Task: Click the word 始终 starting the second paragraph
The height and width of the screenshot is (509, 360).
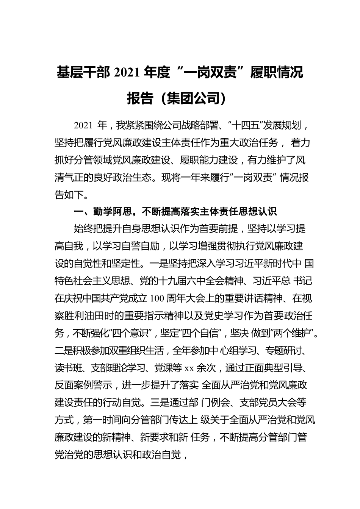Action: (83, 229)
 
